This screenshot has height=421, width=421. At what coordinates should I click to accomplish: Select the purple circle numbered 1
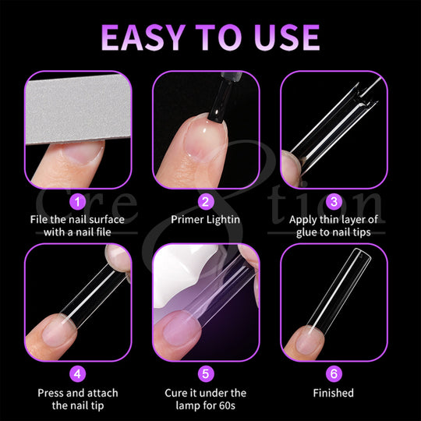78,202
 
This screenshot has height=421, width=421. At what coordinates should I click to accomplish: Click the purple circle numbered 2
206,202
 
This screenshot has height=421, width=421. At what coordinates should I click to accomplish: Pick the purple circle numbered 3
334,202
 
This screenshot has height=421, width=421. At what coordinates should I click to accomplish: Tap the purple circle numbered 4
78,373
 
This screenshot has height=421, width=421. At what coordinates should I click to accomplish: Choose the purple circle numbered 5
206,373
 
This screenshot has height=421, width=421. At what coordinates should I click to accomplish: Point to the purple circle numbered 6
334,373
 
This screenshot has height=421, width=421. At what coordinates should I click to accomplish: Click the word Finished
333,393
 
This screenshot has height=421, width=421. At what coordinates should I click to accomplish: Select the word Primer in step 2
187,220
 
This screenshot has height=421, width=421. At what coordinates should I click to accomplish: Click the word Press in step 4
51,393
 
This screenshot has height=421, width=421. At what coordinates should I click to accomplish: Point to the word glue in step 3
306,232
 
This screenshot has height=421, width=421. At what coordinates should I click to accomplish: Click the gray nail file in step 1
78,108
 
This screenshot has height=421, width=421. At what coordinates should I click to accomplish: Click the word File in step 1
39,220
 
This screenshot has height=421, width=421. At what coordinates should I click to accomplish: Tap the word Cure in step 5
176,393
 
